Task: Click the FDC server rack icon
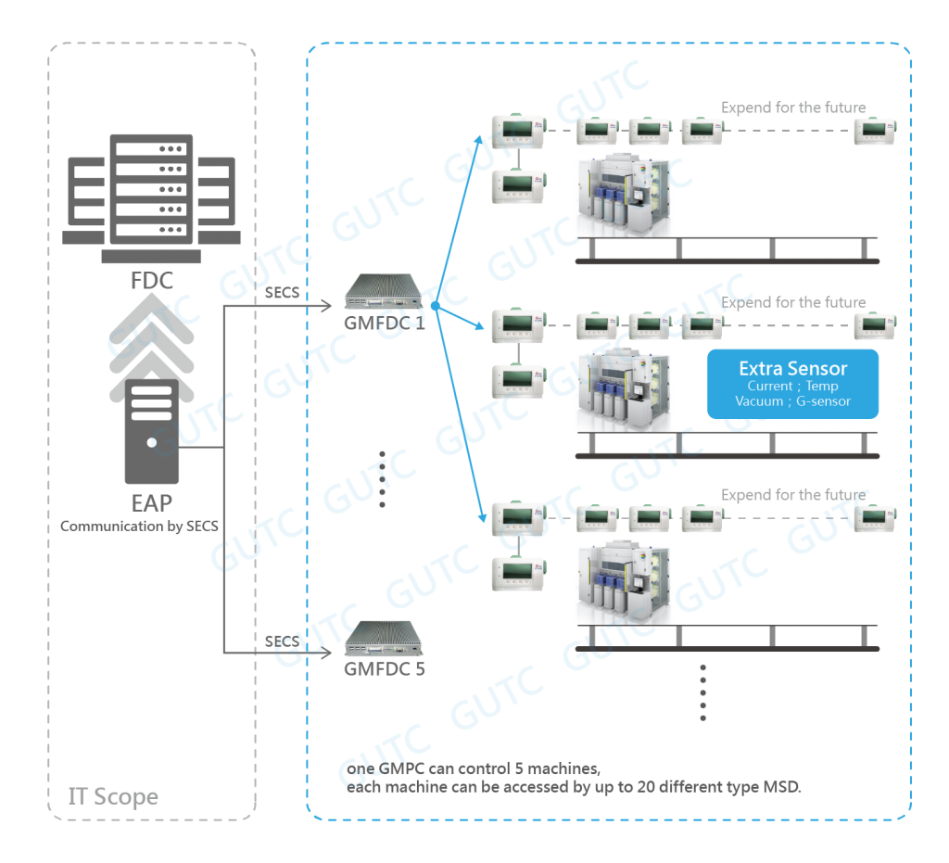(152, 190)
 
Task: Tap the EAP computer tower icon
(151, 430)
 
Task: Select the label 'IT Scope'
(113, 796)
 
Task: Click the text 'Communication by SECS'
(139, 527)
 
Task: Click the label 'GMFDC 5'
(385, 667)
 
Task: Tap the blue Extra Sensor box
(792, 384)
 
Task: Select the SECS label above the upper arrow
(283, 293)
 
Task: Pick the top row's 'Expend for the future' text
(793, 108)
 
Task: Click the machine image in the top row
(624, 194)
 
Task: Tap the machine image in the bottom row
(624, 580)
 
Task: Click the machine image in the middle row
(624, 389)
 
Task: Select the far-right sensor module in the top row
(868, 131)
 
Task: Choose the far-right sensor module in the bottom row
(868, 518)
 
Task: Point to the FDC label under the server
(152, 279)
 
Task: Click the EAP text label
(151, 503)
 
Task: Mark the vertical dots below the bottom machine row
(703, 692)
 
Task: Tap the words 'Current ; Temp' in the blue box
(792, 386)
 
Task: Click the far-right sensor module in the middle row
(868, 325)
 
